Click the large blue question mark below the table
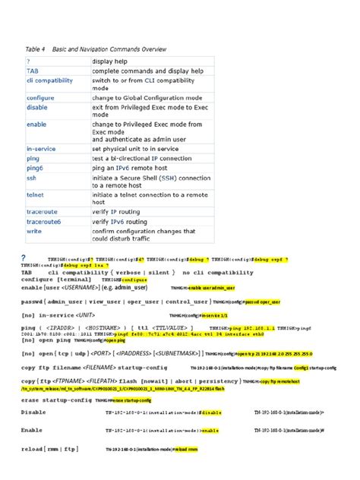(24, 257)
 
